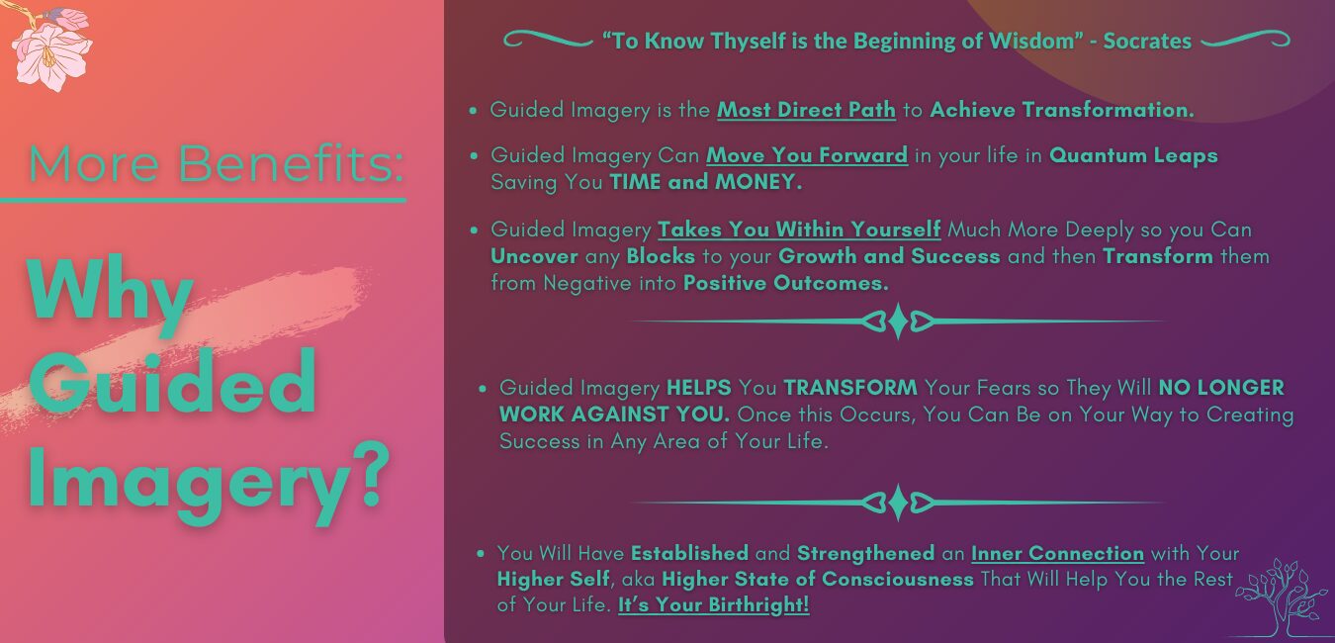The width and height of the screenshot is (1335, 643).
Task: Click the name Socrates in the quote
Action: tap(1147, 42)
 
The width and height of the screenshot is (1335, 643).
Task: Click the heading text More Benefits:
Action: tap(216, 163)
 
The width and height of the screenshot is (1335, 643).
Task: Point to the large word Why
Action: tap(110, 293)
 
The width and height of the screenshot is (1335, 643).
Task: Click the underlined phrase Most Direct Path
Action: tap(806, 110)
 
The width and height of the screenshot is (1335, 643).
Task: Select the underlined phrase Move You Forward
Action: tap(807, 155)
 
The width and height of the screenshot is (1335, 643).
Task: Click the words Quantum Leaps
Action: tap(1133, 155)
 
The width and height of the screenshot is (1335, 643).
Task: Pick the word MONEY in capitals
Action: tap(758, 182)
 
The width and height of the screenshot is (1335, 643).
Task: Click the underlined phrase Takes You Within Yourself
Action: tap(799, 230)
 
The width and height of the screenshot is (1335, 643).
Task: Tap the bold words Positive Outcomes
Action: tap(785, 283)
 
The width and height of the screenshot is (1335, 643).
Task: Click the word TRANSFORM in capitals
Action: tap(850, 388)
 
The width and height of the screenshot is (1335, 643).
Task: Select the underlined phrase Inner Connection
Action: tap(1057, 554)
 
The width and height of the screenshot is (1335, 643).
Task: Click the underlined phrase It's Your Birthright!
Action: tap(713, 604)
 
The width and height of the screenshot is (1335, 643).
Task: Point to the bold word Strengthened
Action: tap(865, 554)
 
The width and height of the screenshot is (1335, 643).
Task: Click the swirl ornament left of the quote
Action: tap(548, 40)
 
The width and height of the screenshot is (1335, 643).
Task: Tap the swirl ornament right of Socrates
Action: tap(1245, 40)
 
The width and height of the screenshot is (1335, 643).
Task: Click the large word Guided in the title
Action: tap(172, 383)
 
